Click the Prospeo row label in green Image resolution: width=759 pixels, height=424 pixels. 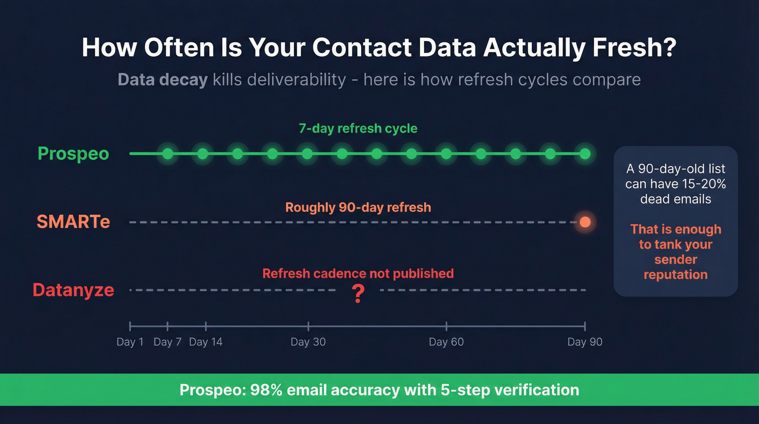[x=73, y=154]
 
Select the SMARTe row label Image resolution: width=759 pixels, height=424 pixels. [x=73, y=222]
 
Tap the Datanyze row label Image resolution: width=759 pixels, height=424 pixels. [x=73, y=290]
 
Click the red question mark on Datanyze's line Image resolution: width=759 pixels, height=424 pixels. [x=357, y=294]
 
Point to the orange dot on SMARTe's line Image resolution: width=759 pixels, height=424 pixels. [x=584, y=222]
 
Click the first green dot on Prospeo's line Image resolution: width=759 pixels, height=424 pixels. [x=168, y=154]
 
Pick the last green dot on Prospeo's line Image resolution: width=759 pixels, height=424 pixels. [x=584, y=154]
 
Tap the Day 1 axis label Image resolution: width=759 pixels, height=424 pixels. [x=130, y=342]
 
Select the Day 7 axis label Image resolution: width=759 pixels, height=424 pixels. [x=168, y=342]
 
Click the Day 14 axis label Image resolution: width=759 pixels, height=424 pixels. [x=206, y=342]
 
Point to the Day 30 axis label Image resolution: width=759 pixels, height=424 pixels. [x=308, y=342]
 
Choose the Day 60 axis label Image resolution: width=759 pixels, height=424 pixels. [x=446, y=342]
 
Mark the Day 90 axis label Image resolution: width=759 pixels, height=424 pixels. [x=584, y=342]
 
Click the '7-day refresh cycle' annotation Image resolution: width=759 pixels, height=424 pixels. [x=358, y=129]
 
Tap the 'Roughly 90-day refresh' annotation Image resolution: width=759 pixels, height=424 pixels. [x=358, y=207]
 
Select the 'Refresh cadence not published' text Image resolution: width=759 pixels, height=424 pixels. [x=358, y=274]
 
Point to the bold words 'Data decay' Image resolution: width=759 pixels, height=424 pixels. [x=163, y=80]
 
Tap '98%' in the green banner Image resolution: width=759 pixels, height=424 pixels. [x=265, y=390]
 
